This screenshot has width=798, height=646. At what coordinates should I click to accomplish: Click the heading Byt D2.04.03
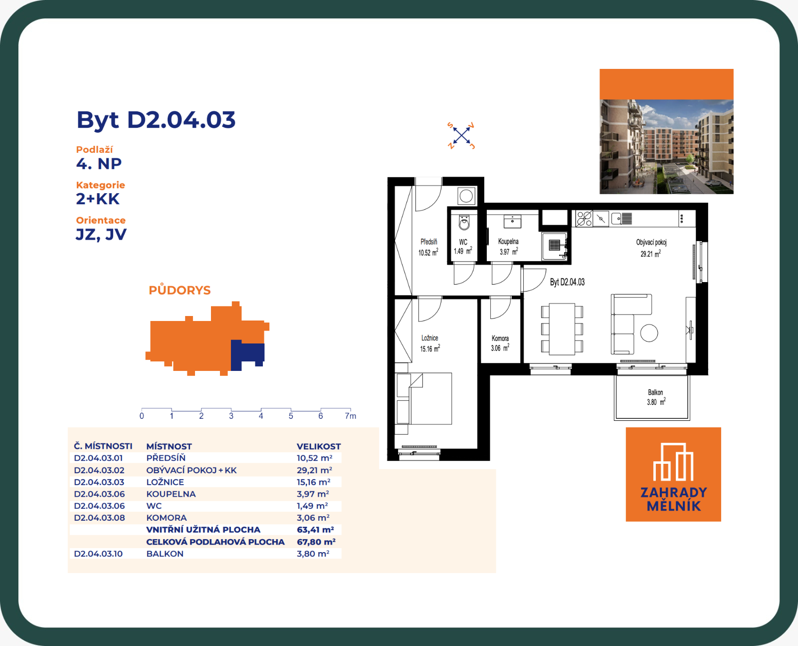coord(156,120)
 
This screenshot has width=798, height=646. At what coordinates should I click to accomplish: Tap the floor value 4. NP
coord(99,164)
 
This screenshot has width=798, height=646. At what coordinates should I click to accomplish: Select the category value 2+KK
coord(98,199)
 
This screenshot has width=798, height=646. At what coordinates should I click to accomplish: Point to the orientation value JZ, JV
coord(101,235)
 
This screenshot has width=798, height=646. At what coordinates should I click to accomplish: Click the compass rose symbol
coord(461,135)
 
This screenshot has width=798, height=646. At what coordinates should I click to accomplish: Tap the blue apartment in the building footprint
coord(247,354)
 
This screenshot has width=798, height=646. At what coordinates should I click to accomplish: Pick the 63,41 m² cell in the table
coord(315,529)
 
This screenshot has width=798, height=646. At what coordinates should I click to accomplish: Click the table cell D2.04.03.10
coord(98,553)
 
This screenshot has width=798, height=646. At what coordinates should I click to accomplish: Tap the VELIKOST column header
coord(318,446)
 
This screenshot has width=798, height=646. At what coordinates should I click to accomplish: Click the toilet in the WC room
coord(464,222)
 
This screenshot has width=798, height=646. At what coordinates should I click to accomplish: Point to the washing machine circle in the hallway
coord(466,196)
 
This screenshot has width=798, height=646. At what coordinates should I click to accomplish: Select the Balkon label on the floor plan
coord(655,392)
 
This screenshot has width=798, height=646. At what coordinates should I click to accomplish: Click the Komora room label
coord(500,338)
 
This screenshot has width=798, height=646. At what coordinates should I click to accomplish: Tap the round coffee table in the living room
coord(649,333)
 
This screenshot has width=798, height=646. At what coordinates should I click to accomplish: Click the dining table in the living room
coord(562,329)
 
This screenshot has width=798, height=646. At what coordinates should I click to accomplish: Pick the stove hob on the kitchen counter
coord(584,218)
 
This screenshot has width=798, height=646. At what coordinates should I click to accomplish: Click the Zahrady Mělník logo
coord(673,474)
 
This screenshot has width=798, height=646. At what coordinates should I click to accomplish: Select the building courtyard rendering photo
coord(666,147)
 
